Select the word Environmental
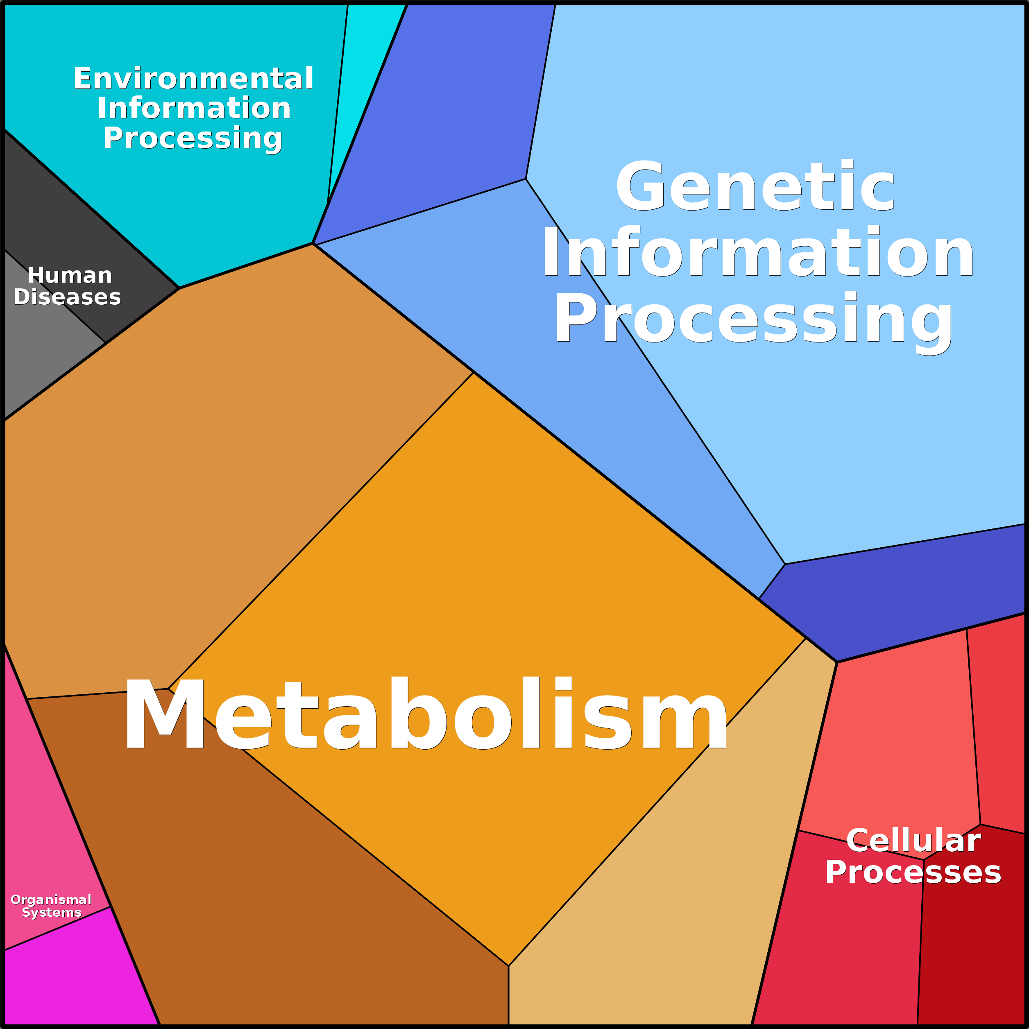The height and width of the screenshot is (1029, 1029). (x=193, y=79)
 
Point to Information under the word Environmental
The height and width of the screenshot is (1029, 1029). (x=194, y=108)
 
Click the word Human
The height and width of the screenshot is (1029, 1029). (x=70, y=275)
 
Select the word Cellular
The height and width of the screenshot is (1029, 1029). (x=913, y=841)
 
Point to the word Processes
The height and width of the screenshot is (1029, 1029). (x=913, y=872)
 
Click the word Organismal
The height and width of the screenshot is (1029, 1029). (x=51, y=900)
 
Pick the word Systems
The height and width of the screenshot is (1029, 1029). (x=52, y=912)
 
